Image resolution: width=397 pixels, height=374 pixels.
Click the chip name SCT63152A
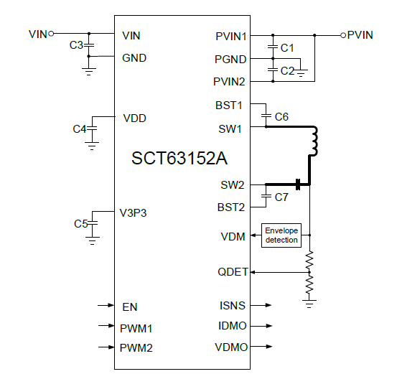(x=183, y=159)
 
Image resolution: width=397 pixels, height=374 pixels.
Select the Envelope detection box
(x=281, y=235)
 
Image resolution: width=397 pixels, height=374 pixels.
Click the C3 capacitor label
(x=76, y=46)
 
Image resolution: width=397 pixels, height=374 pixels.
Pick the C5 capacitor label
(x=80, y=223)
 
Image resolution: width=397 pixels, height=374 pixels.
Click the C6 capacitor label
(x=281, y=116)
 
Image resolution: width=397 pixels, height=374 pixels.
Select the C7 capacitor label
(x=281, y=196)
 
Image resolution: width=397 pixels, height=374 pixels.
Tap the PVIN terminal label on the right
(x=360, y=34)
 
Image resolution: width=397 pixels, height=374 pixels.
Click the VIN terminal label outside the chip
(x=37, y=34)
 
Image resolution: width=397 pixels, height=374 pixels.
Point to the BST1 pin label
(x=229, y=106)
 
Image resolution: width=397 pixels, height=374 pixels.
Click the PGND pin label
(x=230, y=59)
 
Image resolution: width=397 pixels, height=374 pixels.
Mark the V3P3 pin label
(x=134, y=212)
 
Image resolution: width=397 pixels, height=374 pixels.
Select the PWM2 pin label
(x=137, y=348)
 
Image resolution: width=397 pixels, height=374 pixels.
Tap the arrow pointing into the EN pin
(x=105, y=307)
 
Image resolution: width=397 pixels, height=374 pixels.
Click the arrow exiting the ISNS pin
(x=262, y=305)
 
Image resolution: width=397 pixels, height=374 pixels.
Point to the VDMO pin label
(x=230, y=347)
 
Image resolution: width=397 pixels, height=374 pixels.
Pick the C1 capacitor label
(x=287, y=47)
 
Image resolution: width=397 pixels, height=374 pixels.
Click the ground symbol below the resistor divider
(x=309, y=304)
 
